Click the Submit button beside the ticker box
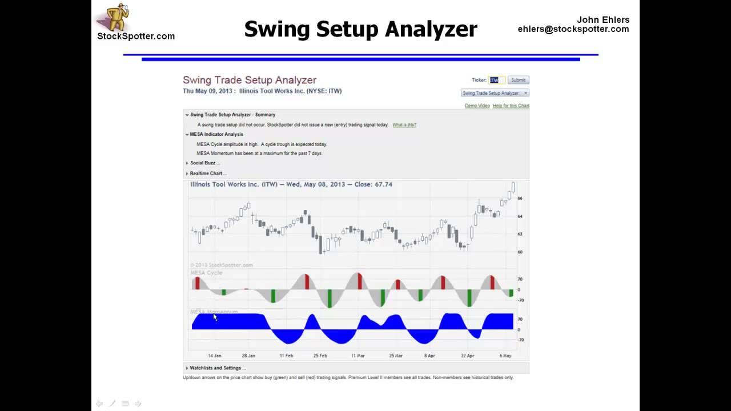click(518, 80)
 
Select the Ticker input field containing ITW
click(496, 80)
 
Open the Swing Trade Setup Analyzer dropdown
click(495, 93)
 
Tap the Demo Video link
click(477, 106)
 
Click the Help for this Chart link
click(511, 106)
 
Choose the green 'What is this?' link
click(404, 125)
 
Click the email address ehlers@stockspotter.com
click(573, 29)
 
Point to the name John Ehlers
click(603, 20)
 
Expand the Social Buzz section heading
click(204, 163)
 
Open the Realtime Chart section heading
click(208, 174)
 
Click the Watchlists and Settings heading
click(217, 368)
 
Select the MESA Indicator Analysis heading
click(216, 135)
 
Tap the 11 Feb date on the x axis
click(286, 356)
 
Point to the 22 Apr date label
click(467, 356)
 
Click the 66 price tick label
click(520, 199)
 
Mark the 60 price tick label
click(520, 252)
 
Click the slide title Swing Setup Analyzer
click(360, 29)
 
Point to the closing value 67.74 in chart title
click(383, 184)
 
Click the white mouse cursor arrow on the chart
click(215, 317)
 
